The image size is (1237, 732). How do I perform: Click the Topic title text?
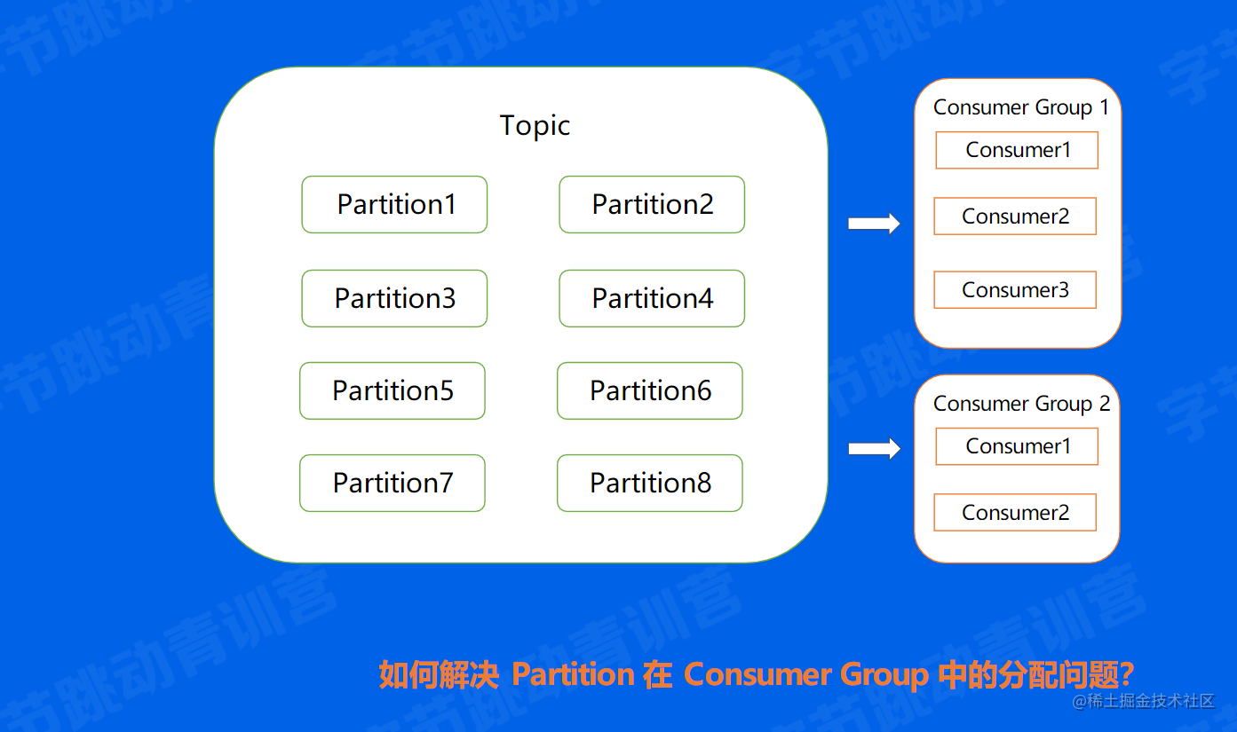pyautogui.click(x=535, y=126)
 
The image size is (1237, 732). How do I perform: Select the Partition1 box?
pyautogui.click(x=394, y=205)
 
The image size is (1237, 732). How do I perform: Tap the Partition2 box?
pyautogui.click(x=652, y=205)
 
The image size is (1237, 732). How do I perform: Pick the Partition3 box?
pyautogui.click(x=394, y=299)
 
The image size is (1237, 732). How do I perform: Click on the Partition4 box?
pyautogui.click(x=652, y=299)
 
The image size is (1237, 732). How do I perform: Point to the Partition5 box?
pyautogui.click(x=393, y=391)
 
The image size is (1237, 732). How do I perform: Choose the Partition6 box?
pyautogui.click(x=650, y=391)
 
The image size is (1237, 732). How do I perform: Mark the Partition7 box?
pyautogui.click(x=393, y=484)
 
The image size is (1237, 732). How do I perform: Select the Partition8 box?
pyautogui.click(x=650, y=484)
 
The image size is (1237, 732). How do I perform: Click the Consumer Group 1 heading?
pyautogui.click(x=1020, y=108)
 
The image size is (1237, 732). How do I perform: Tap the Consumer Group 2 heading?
pyautogui.click(x=1020, y=405)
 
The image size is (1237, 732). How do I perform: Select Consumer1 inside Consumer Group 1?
pyautogui.click(x=1017, y=151)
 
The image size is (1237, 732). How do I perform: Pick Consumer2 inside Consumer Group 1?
pyautogui.click(x=1015, y=216)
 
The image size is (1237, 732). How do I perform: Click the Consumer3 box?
pyautogui.click(x=1015, y=290)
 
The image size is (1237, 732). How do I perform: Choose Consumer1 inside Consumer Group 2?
pyautogui.click(x=1017, y=447)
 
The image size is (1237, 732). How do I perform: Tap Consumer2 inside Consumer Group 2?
pyautogui.click(x=1015, y=513)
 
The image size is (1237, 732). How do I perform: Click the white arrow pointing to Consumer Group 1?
pyautogui.click(x=874, y=224)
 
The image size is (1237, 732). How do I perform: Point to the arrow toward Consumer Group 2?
pyautogui.click(x=874, y=449)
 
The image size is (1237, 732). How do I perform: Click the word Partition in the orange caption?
pyautogui.click(x=573, y=675)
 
